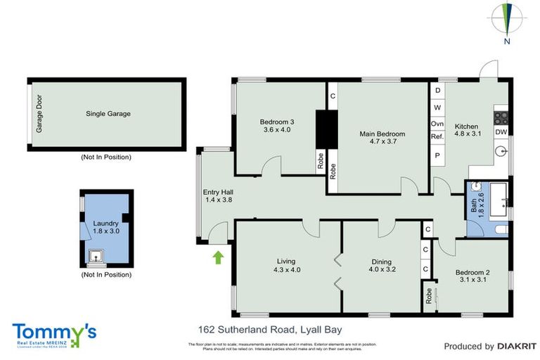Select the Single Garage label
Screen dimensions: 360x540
click(x=108, y=113)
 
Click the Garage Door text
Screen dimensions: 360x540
click(x=39, y=115)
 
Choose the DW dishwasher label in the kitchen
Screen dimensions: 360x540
click(x=501, y=132)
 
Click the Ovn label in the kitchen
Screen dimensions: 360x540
click(x=437, y=123)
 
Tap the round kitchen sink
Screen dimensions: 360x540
click(x=501, y=150)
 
